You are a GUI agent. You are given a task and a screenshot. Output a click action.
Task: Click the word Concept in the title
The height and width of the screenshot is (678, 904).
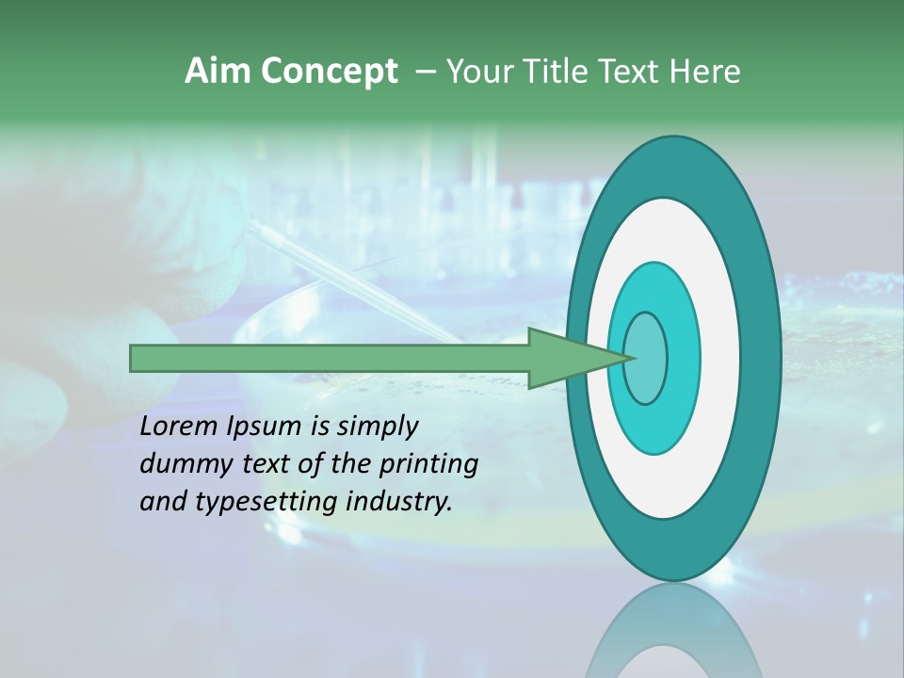(x=330, y=72)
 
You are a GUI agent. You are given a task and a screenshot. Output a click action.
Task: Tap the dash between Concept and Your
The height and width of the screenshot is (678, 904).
(x=425, y=73)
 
